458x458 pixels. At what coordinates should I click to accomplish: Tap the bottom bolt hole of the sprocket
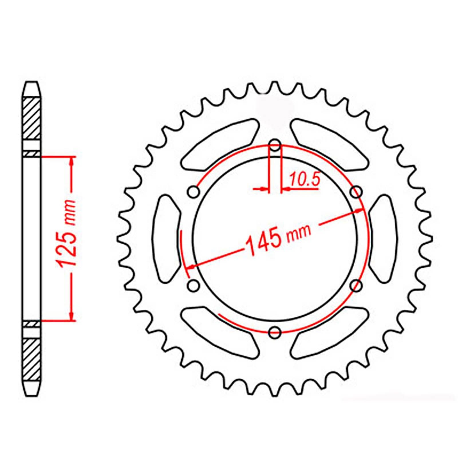click(275, 331)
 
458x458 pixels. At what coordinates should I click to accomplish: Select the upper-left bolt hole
click(194, 192)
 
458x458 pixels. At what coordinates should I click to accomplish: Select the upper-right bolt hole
click(357, 192)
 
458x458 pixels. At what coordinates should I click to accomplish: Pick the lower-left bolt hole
click(194, 285)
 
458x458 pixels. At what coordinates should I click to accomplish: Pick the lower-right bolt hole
click(357, 285)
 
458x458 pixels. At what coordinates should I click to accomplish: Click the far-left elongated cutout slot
click(166, 238)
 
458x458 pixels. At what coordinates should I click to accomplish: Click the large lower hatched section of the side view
click(31, 360)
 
